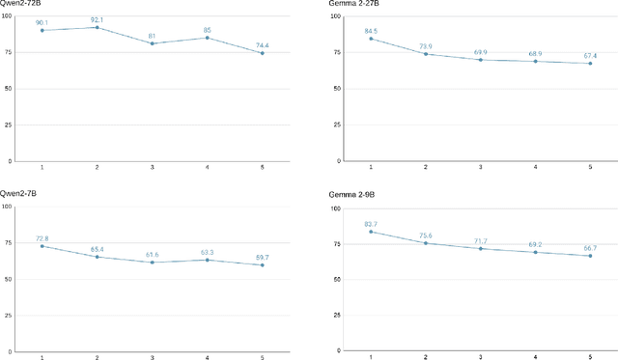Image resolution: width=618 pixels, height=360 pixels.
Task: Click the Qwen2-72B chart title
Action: coord(21,6)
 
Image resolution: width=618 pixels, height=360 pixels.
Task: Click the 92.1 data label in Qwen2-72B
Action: coord(97,19)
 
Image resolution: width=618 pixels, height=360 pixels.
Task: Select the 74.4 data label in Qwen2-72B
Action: coord(262,44)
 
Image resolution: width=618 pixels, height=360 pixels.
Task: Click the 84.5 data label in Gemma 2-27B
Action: coord(372,31)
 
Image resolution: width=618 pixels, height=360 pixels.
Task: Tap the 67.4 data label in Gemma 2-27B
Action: coord(591,55)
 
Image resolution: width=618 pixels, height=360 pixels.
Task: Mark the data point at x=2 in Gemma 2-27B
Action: coord(426,54)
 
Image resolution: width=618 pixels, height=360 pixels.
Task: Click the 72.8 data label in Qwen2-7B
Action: coord(42,237)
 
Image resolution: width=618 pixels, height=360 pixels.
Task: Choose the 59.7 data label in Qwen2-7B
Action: coord(262,256)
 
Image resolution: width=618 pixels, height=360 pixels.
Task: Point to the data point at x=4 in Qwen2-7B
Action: coord(207,260)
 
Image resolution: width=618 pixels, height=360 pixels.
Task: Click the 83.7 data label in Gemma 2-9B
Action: coord(372,223)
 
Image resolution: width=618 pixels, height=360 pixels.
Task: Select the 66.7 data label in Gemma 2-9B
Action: coord(591,247)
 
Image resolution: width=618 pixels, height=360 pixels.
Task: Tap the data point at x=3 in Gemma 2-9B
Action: coord(481,248)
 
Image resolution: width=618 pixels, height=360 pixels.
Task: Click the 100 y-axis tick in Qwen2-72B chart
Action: coord(8,15)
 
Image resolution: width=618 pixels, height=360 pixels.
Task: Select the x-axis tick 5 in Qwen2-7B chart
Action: coord(262,358)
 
